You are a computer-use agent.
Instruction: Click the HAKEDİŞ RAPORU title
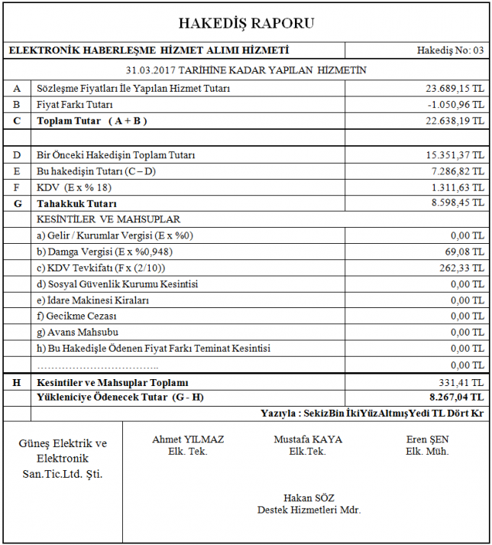[x=245, y=23]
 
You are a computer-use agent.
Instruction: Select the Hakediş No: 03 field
[x=450, y=51]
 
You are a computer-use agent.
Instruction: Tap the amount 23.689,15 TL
[x=455, y=88]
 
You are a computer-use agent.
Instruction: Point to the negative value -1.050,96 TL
[x=456, y=104]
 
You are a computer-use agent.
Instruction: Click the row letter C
[x=17, y=121]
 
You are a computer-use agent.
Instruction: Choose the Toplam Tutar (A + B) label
[x=92, y=121]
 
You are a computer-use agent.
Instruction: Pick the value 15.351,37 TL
[x=455, y=155]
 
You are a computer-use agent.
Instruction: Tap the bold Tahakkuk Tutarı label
[x=76, y=204]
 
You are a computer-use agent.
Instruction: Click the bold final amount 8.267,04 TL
[x=456, y=397]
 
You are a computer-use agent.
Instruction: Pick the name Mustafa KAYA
[x=308, y=440]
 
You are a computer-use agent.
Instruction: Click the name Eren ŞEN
[x=427, y=440]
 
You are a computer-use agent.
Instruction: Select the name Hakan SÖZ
[x=309, y=498]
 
